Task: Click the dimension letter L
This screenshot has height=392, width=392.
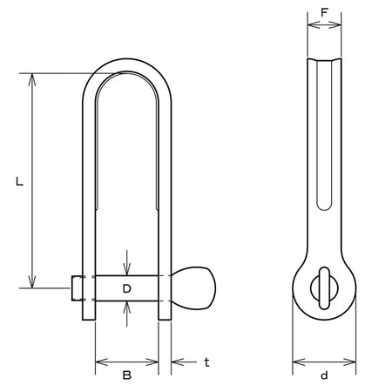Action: (19, 181)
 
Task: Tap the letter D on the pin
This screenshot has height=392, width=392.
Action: (127, 288)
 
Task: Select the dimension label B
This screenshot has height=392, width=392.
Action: (127, 375)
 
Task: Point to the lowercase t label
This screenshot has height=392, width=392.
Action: (206, 362)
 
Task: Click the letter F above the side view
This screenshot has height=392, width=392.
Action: (324, 12)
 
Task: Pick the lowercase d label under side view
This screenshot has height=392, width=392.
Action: (324, 375)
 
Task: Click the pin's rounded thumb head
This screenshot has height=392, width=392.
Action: (194, 288)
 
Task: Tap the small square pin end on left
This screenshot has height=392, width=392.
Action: (77, 288)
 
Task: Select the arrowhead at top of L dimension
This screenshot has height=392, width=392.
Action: (32, 80)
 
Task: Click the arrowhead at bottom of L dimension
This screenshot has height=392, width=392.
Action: (32, 281)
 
